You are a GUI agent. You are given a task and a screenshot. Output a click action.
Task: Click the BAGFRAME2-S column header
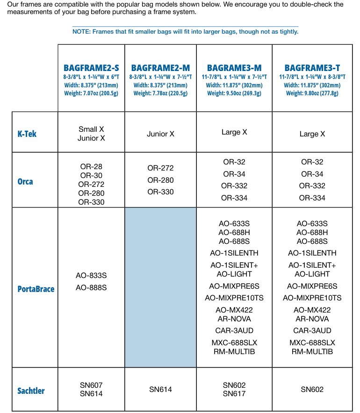[91, 68]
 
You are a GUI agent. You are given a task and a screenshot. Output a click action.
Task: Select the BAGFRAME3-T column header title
[312, 68]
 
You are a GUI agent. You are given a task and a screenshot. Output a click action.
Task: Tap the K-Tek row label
[27, 134]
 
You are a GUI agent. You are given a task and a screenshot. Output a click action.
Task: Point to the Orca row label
[25, 181]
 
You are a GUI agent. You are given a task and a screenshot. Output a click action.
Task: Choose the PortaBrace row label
[36, 289]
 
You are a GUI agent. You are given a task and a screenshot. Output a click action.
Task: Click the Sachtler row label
[31, 390]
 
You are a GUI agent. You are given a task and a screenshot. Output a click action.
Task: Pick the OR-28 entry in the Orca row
[91, 166]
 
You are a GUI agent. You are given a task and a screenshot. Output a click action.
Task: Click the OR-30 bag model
[91, 175]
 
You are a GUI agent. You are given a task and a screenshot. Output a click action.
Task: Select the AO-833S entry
[91, 276]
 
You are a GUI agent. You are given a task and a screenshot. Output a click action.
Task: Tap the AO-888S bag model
[91, 287]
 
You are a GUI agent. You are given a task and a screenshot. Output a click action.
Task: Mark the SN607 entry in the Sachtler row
[91, 385]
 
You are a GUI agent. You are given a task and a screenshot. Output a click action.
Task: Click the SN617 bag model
[234, 394]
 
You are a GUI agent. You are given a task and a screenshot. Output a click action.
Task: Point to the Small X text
[91, 129]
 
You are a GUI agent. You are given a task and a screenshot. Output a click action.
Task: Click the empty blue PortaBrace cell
[160, 287]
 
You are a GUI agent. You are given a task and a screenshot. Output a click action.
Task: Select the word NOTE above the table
[81, 32]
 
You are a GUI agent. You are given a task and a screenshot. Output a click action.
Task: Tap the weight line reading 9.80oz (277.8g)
[312, 93]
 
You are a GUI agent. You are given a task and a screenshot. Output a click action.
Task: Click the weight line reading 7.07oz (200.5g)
[91, 93]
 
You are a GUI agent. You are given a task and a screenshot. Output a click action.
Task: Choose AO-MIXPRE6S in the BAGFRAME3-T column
[312, 286]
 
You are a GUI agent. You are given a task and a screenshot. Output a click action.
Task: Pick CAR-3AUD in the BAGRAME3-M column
[234, 330]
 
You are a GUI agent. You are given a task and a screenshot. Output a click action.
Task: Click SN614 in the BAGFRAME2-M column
[160, 389]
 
